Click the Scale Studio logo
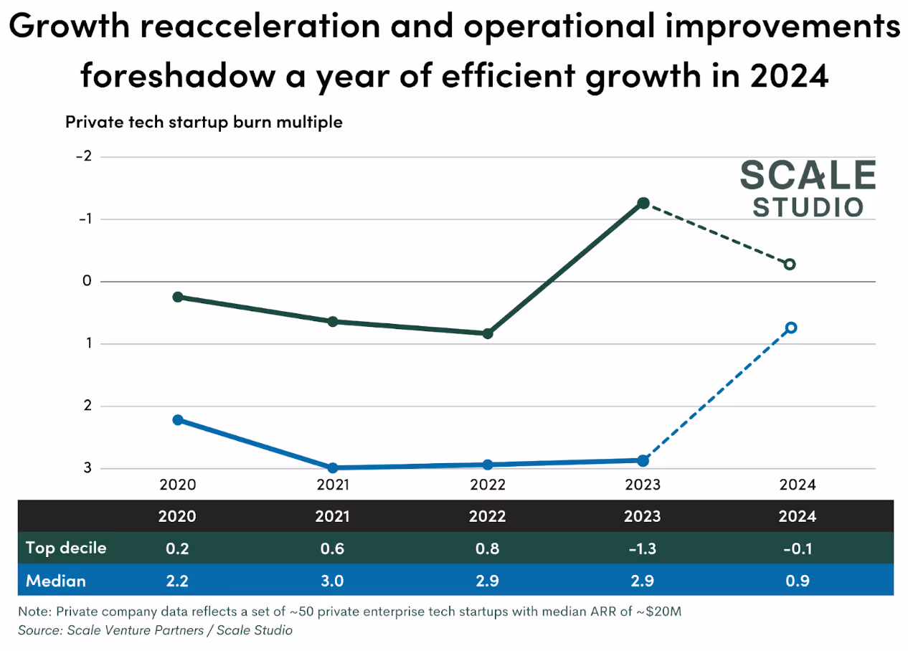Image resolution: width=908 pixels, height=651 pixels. click(807, 189)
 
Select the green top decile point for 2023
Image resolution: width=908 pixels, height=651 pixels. click(643, 204)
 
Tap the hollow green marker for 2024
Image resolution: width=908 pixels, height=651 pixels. click(790, 265)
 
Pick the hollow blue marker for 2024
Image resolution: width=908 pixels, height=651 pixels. click(791, 328)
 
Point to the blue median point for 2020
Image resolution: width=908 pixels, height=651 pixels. click(178, 420)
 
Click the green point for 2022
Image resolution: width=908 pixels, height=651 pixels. click(488, 333)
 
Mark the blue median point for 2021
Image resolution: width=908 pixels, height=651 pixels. click(333, 467)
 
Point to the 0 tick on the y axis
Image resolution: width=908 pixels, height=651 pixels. click(88, 281)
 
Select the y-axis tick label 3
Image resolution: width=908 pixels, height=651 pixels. click(88, 468)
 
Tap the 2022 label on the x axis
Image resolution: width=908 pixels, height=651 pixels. click(488, 485)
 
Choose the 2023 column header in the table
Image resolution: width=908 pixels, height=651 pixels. click(643, 516)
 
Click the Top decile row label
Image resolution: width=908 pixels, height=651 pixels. click(66, 548)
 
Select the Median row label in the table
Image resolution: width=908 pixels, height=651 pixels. click(56, 580)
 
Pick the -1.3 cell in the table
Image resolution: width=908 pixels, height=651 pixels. click(643, 548)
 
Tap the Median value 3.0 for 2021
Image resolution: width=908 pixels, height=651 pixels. click(333, 580)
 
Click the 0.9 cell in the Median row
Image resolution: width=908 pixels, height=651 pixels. click(798, 580)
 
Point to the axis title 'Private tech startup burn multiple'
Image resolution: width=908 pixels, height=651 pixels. click(204, 122)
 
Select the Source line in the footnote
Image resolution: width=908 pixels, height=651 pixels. click(156, 630)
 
